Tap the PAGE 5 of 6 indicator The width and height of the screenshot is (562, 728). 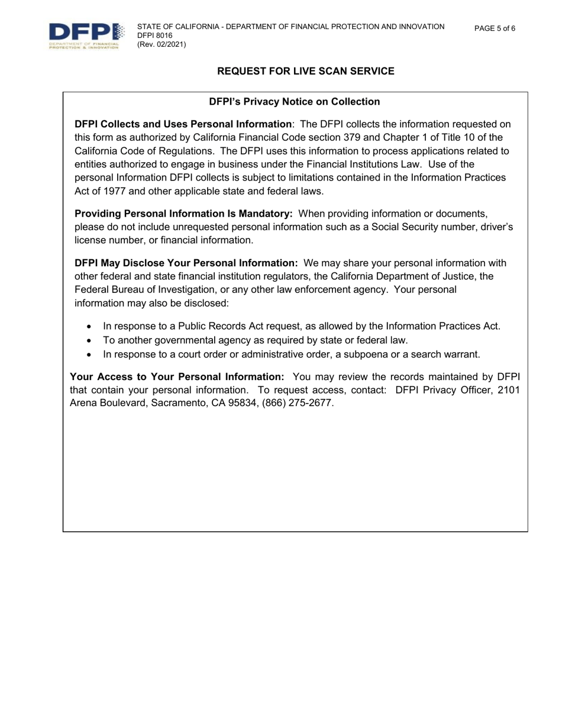pyautogui.click(x=495, y=28)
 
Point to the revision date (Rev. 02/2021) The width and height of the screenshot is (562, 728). pyautogui.click(x=162, y=44)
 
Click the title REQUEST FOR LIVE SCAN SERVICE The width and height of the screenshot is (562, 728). pyautogui.click(x=305, y=71)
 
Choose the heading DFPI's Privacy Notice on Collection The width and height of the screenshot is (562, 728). pyautogui.click(x=295, y=102)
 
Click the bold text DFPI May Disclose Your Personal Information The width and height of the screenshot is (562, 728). pyautogui.click(x=186, y=263)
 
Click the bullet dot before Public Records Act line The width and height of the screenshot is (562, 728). pyautogui.click(x=89, y=326)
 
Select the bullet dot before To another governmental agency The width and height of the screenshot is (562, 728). pyautogui.click(x=89, y=340)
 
